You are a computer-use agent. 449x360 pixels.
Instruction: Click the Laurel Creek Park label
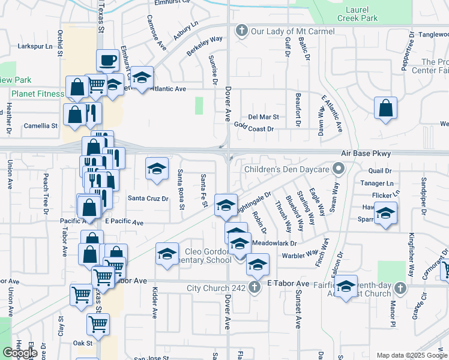point(361,14)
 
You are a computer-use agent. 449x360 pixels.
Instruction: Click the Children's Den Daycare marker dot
point(339,169)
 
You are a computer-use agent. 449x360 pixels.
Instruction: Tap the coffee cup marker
point(108,61)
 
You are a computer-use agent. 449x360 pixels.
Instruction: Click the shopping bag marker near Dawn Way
point(385,109)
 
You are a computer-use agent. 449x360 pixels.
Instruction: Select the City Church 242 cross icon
point(255,287)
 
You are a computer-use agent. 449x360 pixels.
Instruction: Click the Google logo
point(20,353)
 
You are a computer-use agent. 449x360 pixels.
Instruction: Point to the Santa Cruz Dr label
point(148,199)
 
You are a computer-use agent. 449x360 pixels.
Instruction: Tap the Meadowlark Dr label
point(275,243)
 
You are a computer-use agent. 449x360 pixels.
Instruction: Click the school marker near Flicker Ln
point(384,213)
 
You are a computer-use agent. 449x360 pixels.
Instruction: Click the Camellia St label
point(40,126)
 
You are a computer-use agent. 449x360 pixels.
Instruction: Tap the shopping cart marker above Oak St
point(98,325)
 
